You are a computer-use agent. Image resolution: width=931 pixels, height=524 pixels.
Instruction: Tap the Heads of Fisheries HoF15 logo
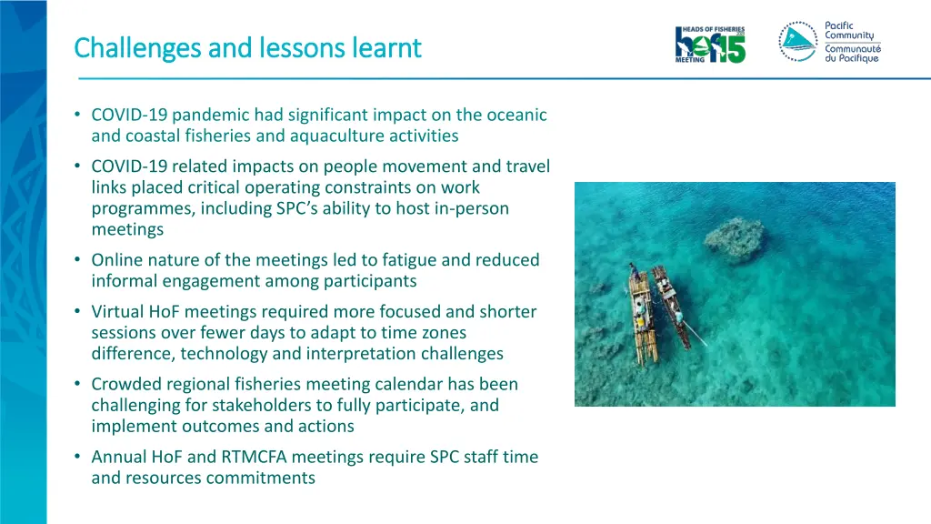click(710, 44)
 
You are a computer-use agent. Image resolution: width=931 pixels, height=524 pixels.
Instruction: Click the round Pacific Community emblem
click(797, 42)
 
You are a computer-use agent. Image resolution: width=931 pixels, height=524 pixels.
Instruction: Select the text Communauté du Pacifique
click(853, 54)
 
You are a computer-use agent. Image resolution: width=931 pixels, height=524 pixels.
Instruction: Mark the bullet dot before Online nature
click(79, 260)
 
